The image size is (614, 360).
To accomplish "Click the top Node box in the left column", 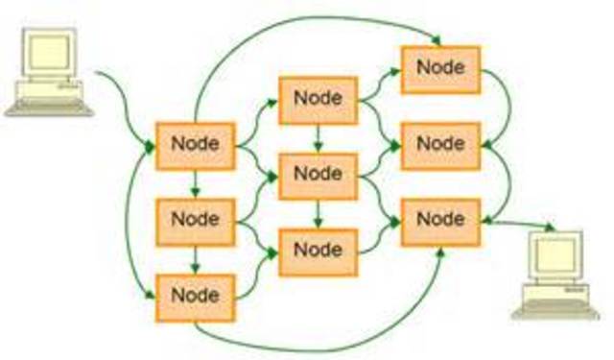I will coord(195,145).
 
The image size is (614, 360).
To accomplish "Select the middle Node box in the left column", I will coord(195,220).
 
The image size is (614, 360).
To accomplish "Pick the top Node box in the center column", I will coord(318,99).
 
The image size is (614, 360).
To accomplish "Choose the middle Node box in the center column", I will coord(318,174).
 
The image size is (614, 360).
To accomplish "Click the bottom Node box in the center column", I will coord(318,250).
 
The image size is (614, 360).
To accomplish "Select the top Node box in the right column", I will coord(440,68).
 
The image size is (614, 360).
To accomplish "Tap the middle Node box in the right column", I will coord(440,145).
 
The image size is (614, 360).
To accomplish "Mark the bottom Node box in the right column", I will coord(440,220).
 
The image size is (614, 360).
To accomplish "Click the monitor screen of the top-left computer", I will coord(48,52).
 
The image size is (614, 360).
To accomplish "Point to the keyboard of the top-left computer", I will coord(48,107).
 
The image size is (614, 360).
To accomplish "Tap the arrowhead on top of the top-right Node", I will coord(437,40).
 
